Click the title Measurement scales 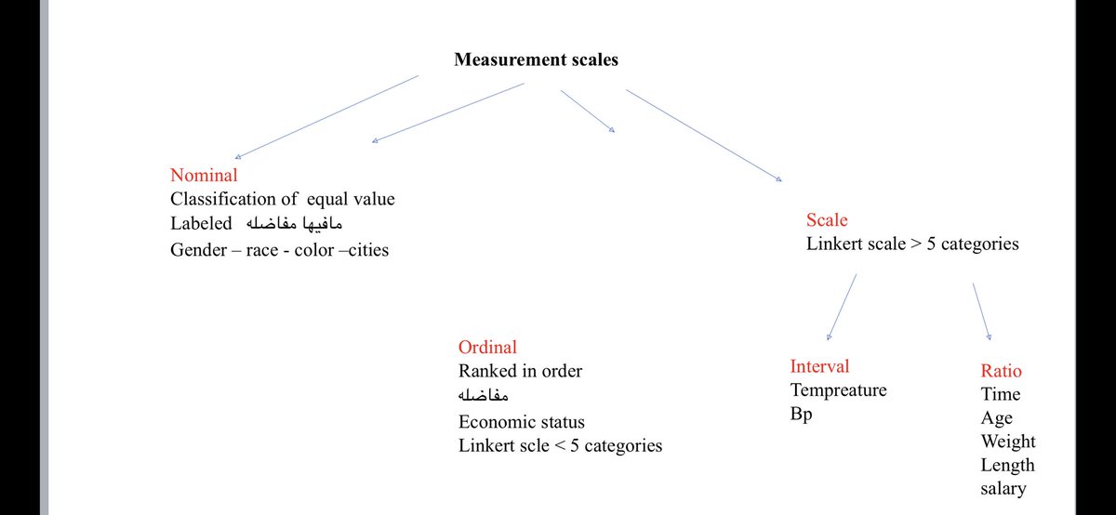536,59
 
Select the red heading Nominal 204,175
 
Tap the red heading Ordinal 487,348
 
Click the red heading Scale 827,220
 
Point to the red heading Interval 819,366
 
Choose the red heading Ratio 1001,371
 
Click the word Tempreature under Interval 838,390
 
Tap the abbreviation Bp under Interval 801,415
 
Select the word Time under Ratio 1000,394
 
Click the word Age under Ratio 996,418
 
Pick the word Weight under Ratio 1007,442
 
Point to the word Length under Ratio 1007,465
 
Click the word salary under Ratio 1003,489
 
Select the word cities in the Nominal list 362,249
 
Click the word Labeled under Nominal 201,224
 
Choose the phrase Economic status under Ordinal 522,421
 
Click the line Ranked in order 520,371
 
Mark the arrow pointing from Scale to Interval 841,307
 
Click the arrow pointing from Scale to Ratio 980,310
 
